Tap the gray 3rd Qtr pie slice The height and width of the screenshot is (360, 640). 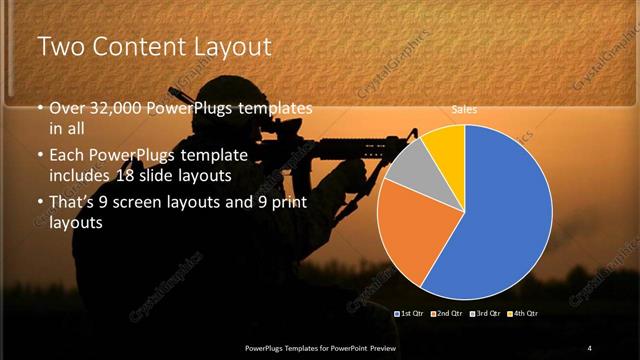coord(408,165)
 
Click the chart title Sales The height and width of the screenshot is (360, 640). coord(464,109)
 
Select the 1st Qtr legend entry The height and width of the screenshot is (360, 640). coord(413,313)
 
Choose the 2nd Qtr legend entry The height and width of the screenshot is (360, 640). coord(447,313)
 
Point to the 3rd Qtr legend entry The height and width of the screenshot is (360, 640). coord(485,313)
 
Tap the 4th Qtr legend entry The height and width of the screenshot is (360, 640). coord(522,313)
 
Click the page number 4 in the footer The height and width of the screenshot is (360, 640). coord(590,347)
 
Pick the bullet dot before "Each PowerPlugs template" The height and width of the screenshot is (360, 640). coord(40,156)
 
